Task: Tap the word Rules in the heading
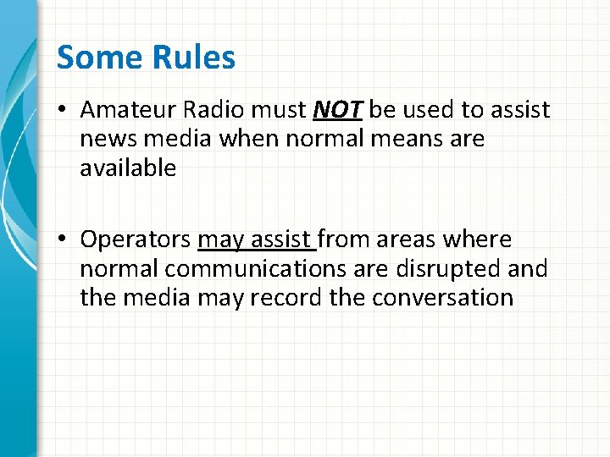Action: click(x=194, y=58)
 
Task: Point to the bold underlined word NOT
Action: click(x=338, y=110)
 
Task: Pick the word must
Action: click(x=280, y=110)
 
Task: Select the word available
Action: click(x=128, y=168)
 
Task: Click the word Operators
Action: click(x=136, y=240)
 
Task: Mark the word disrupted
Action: click(x=441, y=269)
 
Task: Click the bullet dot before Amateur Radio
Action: click(x=64, y=111)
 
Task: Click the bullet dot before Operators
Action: click(x=64, y=241)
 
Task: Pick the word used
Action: click(x=427, y=110)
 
